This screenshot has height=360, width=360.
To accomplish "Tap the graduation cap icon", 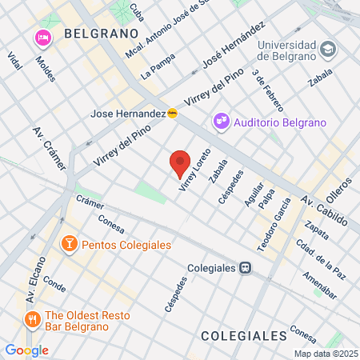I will click(327, 50).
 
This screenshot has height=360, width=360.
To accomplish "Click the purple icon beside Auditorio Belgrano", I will click(221, 122).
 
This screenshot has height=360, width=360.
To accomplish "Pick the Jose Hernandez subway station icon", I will click(173, 114).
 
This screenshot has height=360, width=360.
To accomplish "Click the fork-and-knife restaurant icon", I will click(33, 320).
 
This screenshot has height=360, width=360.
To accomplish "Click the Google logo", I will click(26, 350).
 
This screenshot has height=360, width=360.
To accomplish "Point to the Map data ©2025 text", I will click(325, 354).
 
